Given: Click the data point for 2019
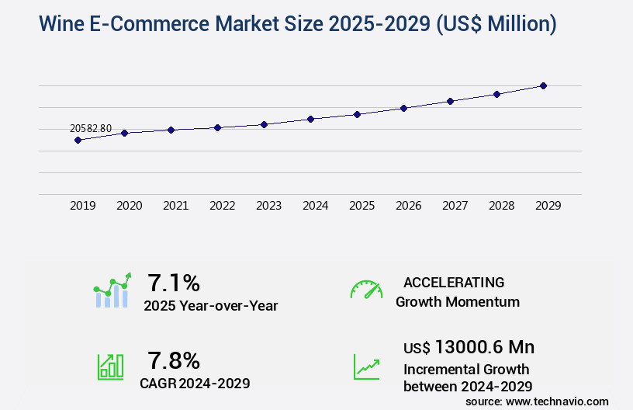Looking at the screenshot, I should click(x=78, y=140).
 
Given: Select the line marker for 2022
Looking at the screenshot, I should click(x=218, y=127).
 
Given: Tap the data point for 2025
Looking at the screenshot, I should click(x=357, y=114).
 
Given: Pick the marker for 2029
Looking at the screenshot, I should click(x=543, y=85).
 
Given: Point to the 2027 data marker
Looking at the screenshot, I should click(x=450, y=101).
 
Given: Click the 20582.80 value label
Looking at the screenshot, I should click(x=91, y=128).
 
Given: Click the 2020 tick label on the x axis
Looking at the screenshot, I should click(x=130, y=206).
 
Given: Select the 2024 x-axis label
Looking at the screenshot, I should click(x=316, y=206).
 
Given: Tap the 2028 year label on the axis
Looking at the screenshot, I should click(x=502, y=206).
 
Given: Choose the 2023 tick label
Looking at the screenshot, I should click(x=269, y=206).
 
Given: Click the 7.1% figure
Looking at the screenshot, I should click(x=174, y=282).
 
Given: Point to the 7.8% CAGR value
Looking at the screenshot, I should click(x=174, y=360).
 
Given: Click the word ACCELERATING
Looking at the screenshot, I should click(x=454, y=283).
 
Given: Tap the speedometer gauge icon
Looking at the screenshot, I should click(x=366, y=290).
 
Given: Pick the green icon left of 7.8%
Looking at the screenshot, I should click(x=110, y=367).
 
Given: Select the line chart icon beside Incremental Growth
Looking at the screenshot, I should click(x=366, y=367).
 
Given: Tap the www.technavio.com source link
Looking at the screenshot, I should click(x=559, y=401).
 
